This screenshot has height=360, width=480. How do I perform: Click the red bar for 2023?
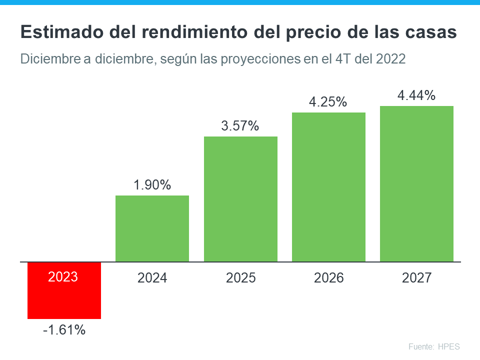pyautogui.click(x=64, y=300)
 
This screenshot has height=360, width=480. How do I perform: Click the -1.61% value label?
pyautogui.click(x=63, y=330)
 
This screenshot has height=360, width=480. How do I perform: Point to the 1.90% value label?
pyautogui.click(x=152, y=185)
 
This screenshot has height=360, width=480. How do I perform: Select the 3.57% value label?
pyautogui.click(x=240, y=126)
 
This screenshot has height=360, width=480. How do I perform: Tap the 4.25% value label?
pyautogui.click(x=328, y=102)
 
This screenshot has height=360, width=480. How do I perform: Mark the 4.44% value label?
pyautogui.click(x=416, y=95)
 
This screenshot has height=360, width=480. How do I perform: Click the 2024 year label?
pyautogui.click(x=152, y=278)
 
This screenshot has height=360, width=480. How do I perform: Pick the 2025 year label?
pyautogui.click(x=240, y=278)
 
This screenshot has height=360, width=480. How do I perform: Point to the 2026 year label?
pyautogui.click(x=328, y=278)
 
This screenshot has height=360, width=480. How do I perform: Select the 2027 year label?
pyautogui.click(x=416, y=278)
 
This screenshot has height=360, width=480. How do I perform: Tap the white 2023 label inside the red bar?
pyautogui.click(x=63, y=276)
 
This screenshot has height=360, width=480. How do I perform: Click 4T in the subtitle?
pyautogui.click(x=341, y=58)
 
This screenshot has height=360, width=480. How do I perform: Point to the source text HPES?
pyautogui.click(x=448, y=346)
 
